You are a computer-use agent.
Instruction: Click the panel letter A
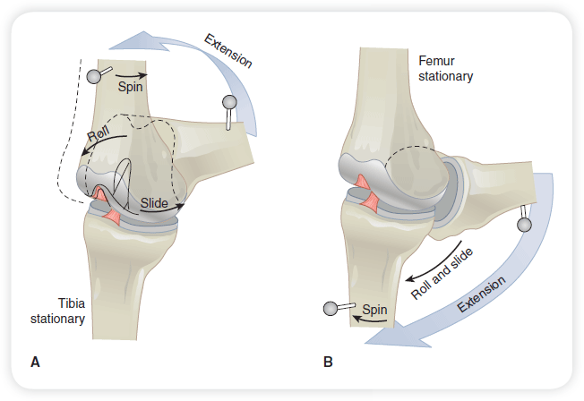tap(35, 363)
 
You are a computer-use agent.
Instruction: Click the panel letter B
tap(328, 363)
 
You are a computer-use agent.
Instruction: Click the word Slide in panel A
tap(154, 203)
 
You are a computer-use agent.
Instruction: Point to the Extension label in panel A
tap(228, 53)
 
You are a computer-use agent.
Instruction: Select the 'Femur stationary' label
tap(445, 68)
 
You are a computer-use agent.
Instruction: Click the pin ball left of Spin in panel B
tap(331, 309)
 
